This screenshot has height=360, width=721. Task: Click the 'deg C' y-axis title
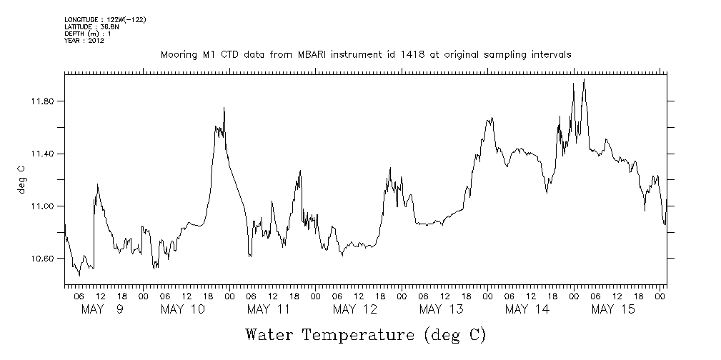point(21,179)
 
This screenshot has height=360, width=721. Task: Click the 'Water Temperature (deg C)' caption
point(365,334)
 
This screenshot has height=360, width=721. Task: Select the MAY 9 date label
point(102,309)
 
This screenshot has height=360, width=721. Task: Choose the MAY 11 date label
point(269,309)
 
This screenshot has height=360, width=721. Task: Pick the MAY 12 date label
point(355,309)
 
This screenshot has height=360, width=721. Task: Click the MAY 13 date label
point(441,309)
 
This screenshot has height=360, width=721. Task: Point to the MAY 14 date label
point(527,309)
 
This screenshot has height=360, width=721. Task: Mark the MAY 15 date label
point(613,309)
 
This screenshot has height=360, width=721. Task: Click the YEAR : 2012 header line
point(84,40)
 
